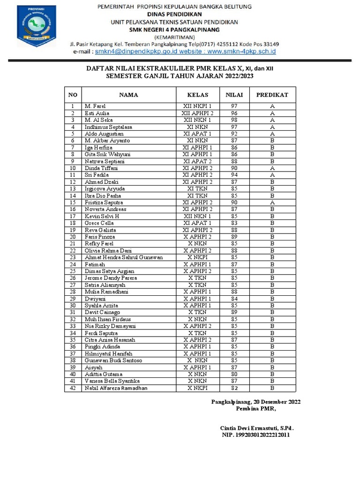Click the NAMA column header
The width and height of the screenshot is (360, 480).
[128, 95]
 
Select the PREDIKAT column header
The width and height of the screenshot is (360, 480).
[272, 95]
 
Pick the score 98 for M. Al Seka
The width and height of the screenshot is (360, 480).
[234, 120]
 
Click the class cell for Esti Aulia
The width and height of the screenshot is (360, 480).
[197, 113]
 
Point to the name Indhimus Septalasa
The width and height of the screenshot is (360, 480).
[108, 127]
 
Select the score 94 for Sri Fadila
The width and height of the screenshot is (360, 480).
[234, 175]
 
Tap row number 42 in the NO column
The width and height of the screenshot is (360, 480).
[73, 388]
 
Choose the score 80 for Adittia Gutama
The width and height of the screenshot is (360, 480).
[234, 374]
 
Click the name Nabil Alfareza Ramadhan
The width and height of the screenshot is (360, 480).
[116, 388]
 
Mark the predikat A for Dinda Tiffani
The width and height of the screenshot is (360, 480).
[272, 168]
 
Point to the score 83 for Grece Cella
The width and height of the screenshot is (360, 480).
[234, 223]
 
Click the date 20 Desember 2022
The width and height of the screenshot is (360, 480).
[276, 402]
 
